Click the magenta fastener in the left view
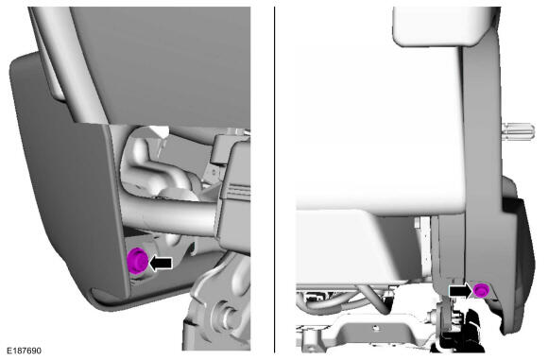coord(137,261)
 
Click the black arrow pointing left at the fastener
coord(161,264)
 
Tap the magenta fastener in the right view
coord(481,291)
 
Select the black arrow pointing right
coord(461,291)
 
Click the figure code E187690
coord(25,351)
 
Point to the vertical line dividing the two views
coord(274,180)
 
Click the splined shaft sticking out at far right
coord(519,131)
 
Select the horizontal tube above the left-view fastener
coord(168,214)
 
